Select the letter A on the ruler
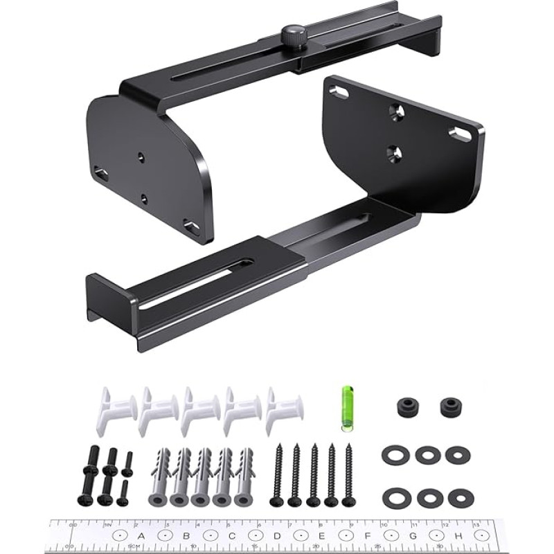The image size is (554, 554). point(141,535)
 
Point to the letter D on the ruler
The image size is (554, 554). point(276,535)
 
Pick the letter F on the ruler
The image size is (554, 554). point(367,535)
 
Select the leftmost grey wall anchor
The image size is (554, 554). point(159,477)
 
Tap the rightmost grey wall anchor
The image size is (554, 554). point(244,477)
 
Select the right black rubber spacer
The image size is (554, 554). point(451,406)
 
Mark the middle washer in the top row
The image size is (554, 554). point(425,455)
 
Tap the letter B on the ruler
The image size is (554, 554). point(186,535)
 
